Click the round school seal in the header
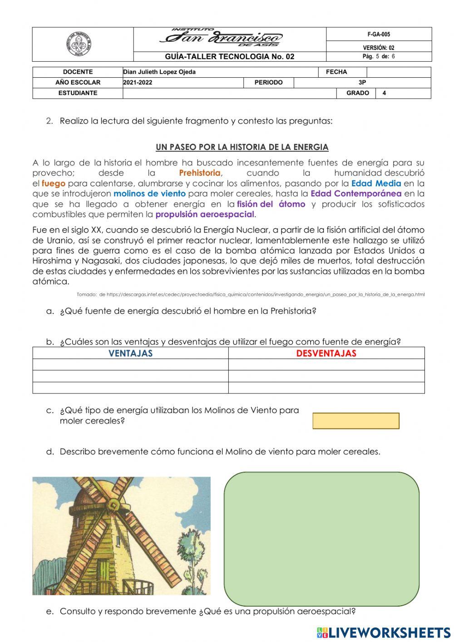point(79,44)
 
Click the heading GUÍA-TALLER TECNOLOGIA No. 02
point(229,56)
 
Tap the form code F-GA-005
point(379,35)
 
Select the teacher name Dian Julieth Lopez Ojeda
point(159,72)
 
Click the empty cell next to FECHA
point(398,72)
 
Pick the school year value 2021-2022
point(138,82)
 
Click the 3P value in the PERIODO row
point(362,82)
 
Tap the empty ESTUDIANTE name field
point(229,93)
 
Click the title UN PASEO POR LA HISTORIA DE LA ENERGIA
point(242,147)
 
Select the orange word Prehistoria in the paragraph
point(200,173)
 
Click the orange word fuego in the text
point(54,184)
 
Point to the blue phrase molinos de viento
point(149,194)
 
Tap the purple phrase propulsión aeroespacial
point(205,214)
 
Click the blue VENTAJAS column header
point(130,353)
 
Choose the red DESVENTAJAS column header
point(326,353)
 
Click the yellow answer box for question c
point(355,421)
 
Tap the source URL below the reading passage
point(251,294)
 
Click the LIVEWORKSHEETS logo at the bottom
point(384,632)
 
